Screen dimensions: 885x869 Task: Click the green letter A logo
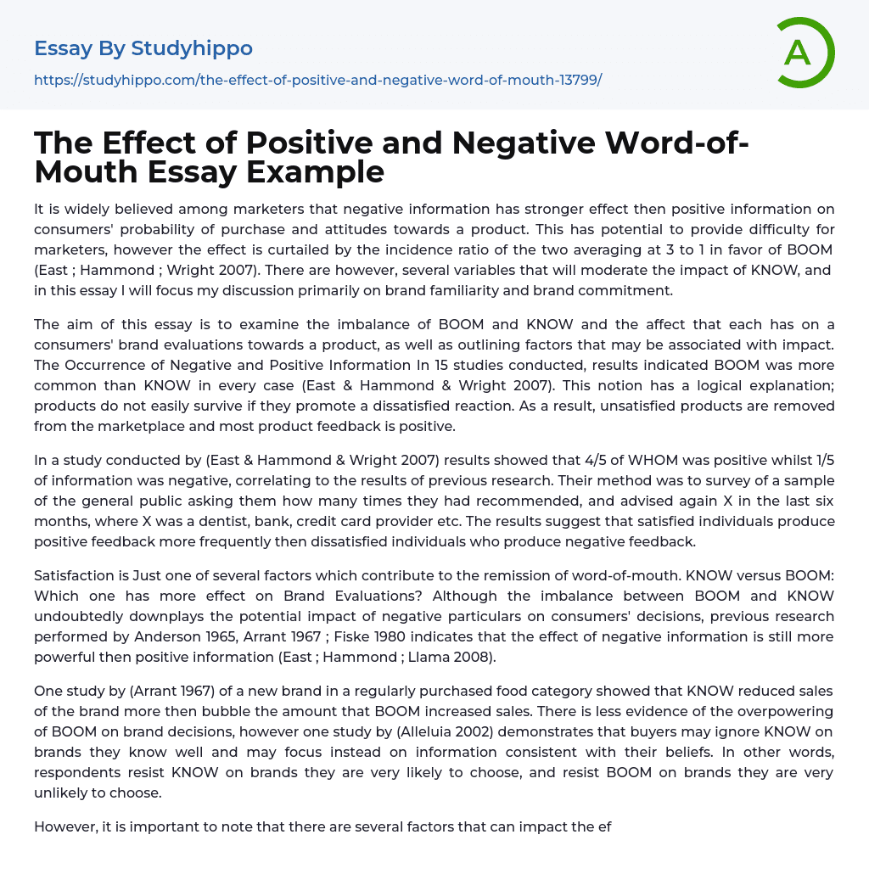802,53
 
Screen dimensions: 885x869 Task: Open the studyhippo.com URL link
317,80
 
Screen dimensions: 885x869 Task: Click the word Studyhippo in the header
192,48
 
